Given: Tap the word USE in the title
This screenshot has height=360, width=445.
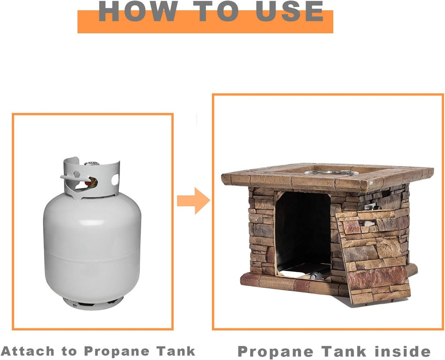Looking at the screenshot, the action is [289, 11].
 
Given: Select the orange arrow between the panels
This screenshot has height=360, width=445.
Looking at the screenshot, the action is [193, 201].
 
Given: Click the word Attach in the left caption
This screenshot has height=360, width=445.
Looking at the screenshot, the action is [28, 351].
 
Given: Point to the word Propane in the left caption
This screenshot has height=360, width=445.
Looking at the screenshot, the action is [116, 351].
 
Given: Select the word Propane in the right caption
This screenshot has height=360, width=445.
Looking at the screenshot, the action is [275, 352].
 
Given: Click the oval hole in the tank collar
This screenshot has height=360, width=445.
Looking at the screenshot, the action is [115, 180].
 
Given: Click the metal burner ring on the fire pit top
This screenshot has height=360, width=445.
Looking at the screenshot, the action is [332, 172].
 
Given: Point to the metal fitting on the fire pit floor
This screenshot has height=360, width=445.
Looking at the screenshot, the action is [315, 275].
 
